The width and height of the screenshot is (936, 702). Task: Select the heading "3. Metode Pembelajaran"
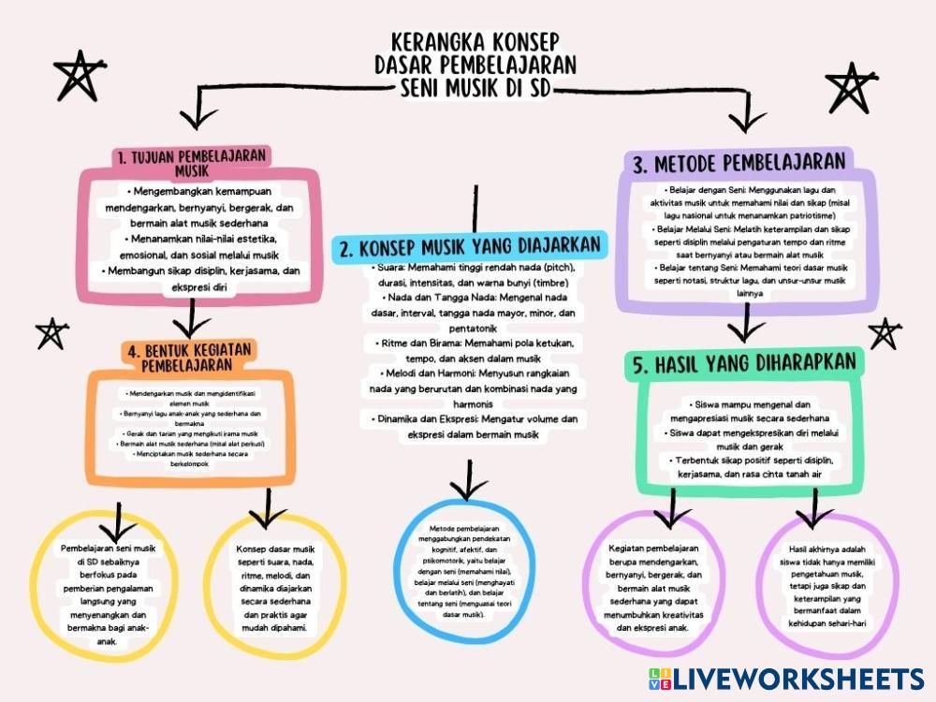(739, 164)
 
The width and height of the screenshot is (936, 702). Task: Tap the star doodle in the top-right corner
(851, 87)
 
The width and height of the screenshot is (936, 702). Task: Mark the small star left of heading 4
(51, 332)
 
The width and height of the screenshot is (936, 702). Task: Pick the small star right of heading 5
(884, 332)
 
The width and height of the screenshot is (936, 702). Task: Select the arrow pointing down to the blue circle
(468, 482)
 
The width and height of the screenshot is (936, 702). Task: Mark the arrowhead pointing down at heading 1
(197, 117)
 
